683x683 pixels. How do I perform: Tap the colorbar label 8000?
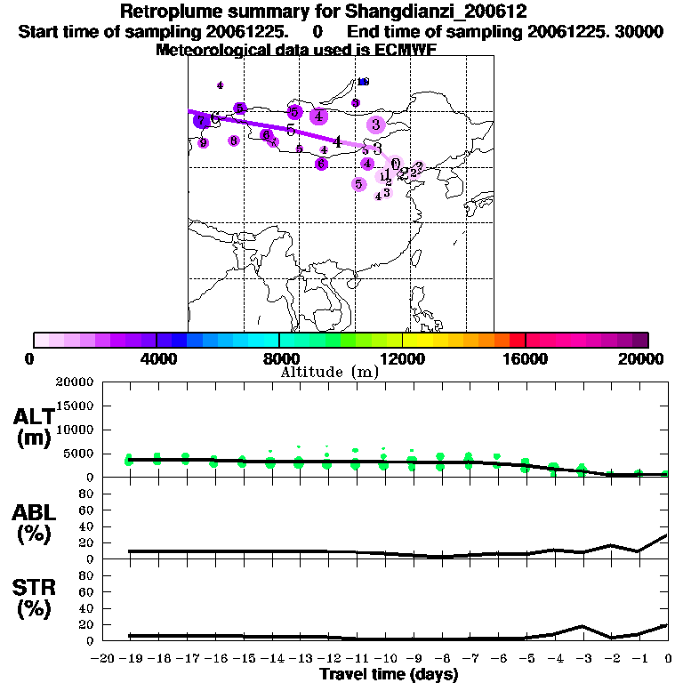[279, 358]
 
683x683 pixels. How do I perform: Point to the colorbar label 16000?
[526, 358]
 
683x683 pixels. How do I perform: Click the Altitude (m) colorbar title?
[330, 373]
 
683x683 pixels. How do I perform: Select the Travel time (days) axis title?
[389, 674]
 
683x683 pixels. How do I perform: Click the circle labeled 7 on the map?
[202, 121]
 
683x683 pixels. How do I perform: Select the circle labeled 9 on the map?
[204, 142]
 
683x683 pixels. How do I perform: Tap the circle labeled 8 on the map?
[234, 141]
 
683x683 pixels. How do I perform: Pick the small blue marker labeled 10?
[363, 82]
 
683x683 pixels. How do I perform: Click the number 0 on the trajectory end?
[395, 164]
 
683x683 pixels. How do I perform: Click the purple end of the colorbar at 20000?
[641, 340]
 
